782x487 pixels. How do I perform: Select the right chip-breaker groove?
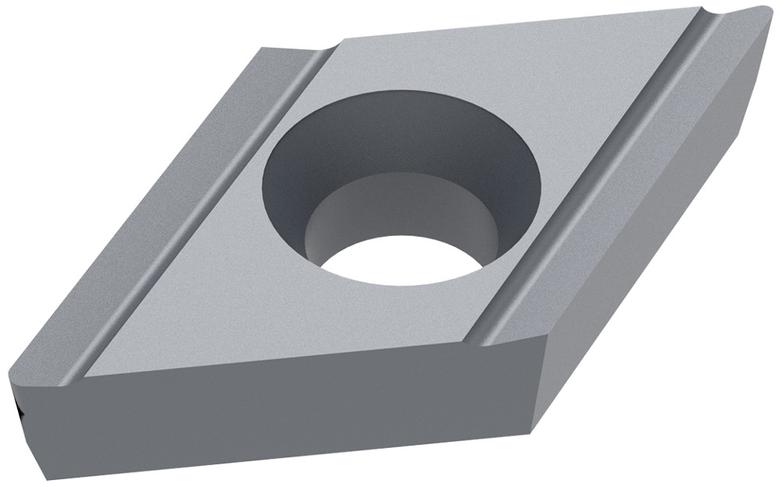594,180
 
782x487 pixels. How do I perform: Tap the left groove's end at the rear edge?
321,53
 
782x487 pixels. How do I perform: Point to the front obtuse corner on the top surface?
540,344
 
